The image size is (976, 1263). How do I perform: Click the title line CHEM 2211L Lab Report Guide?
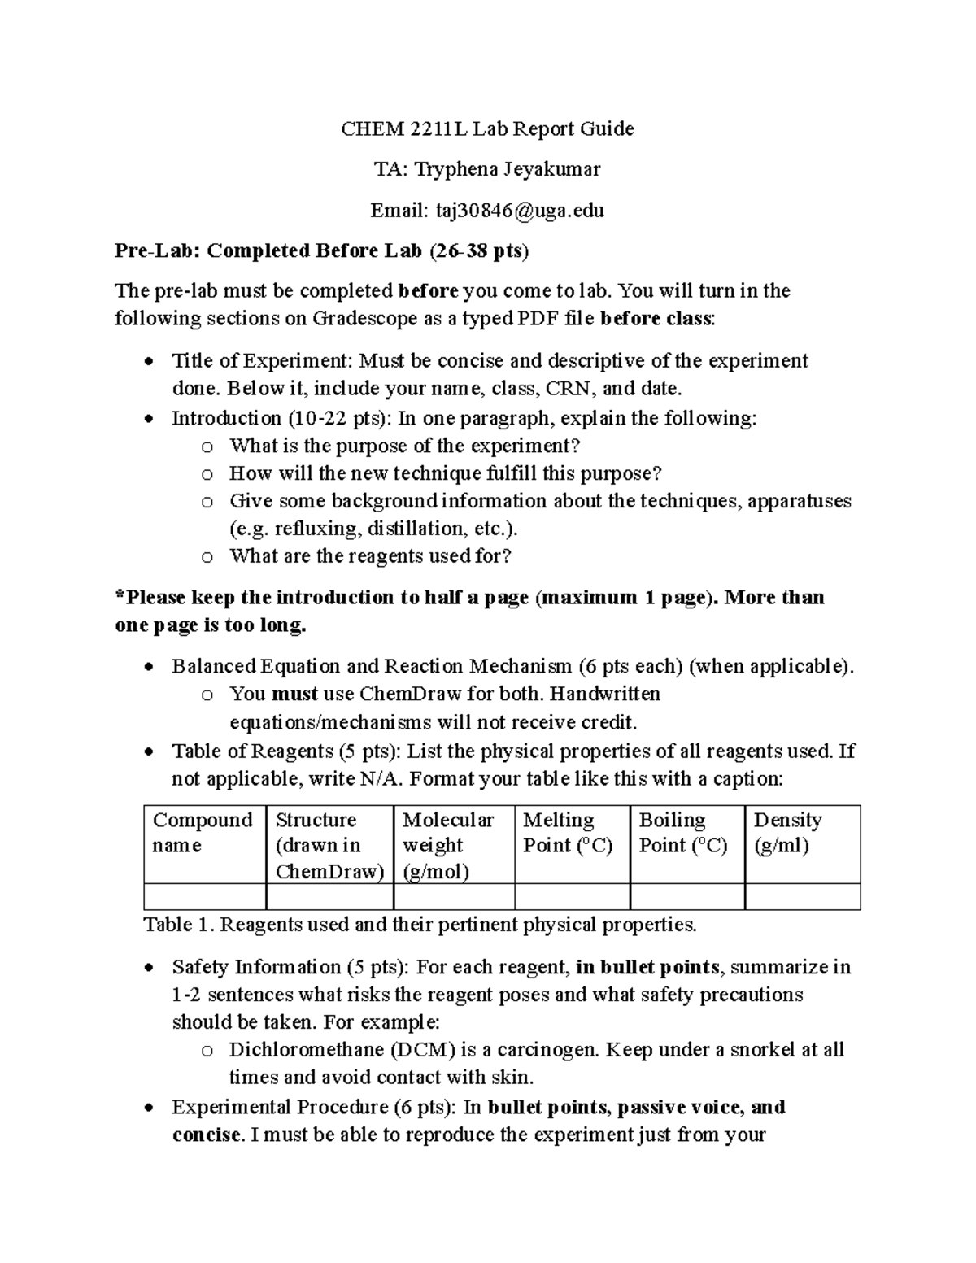click(x=486, y=128)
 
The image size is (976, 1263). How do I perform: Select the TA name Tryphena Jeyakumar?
click(x=508, y=169)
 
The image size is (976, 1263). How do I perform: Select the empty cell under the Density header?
click(x=802, y=896)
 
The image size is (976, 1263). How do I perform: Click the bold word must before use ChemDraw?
click(x=294, y=695)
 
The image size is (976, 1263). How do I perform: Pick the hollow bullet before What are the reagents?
click(x=207, y=557)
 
